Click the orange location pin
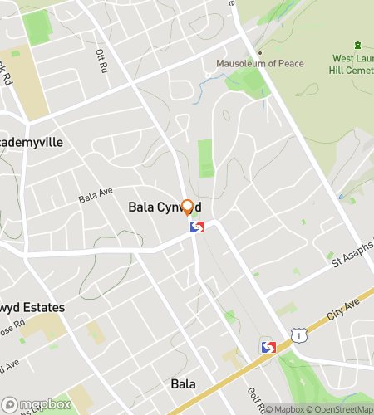pos(188,207)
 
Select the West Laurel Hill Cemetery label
pos(352,65)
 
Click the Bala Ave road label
pos(95,197)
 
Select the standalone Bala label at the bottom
pos(183,383)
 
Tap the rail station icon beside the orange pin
pos(198,226)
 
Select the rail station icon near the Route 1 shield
pos(268,347)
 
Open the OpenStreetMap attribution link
pos(342,408)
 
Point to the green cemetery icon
pos(357,45)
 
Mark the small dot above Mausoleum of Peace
pos(259,54)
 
